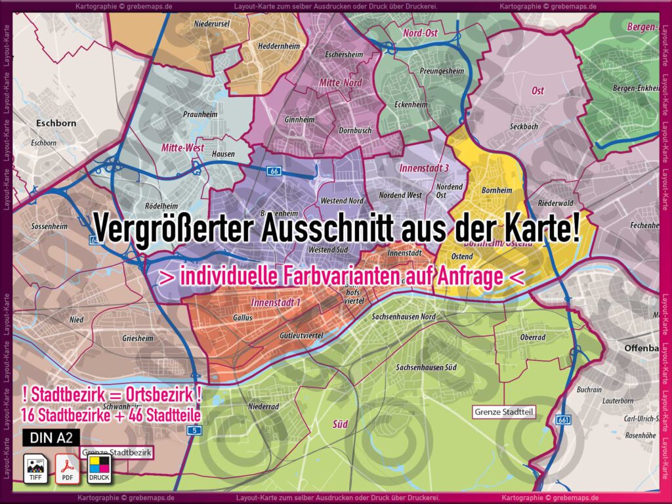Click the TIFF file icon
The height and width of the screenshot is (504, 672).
tap(35, 467)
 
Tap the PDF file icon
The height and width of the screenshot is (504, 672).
tap(67, 467)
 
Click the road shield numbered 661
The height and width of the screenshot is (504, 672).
tap(562, 419)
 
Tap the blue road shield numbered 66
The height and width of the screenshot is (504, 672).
tap(274, 170)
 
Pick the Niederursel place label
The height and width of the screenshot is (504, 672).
tap(211, 24)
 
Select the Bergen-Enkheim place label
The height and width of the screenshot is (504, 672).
tap(635, 88)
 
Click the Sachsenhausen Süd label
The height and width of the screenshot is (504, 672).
tap(427, 367)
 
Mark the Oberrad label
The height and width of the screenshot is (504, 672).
tap(532, 337)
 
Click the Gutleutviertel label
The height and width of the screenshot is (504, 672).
tap(302, 335)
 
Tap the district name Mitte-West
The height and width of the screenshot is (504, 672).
tap(182, 148)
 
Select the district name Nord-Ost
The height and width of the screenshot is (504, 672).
tap(421, 32)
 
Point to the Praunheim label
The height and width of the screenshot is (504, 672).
tap(196, 114)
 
